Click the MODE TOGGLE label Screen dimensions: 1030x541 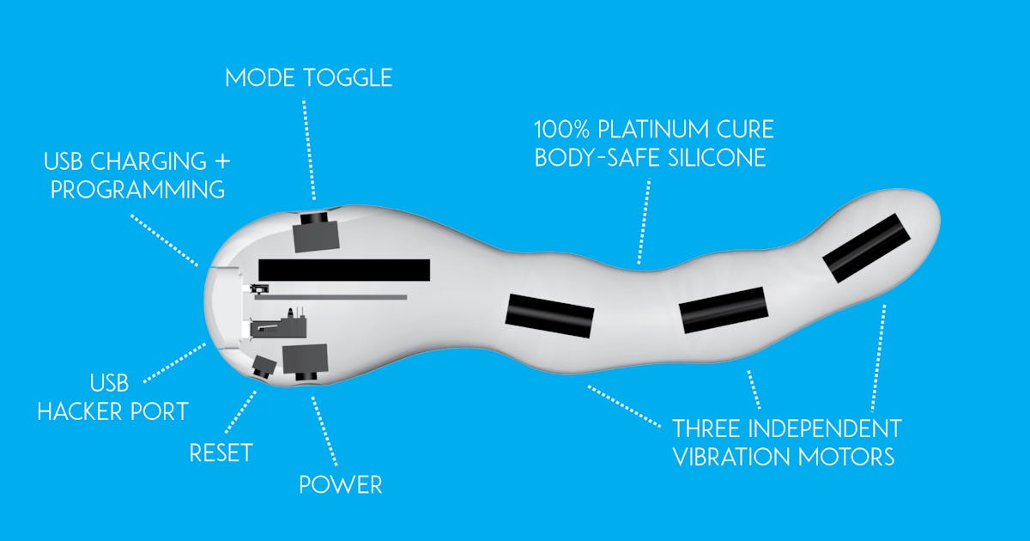(308, 78)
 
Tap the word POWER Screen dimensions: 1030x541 (341, 485)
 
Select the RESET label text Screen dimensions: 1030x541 (221, 453)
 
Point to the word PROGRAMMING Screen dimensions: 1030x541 (137, 190)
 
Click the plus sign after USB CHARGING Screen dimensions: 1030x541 (222, 161)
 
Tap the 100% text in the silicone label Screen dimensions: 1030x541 (562, 130)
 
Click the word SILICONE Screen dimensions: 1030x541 (718, 158)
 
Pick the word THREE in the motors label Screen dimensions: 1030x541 (707, 429)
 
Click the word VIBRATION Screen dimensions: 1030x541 (731, 457)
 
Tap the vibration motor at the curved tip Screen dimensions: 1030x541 (866, 248)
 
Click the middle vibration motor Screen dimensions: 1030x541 (724, 310)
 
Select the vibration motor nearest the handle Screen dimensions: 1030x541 (550, 316)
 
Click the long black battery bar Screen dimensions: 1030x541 (344, 270)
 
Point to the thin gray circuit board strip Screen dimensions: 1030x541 (331, 298)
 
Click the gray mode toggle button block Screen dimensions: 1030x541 (316, 233)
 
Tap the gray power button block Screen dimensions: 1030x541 (306, 362)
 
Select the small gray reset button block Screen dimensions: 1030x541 (264, 368)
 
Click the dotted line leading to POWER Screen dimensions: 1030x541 (324, 431)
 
